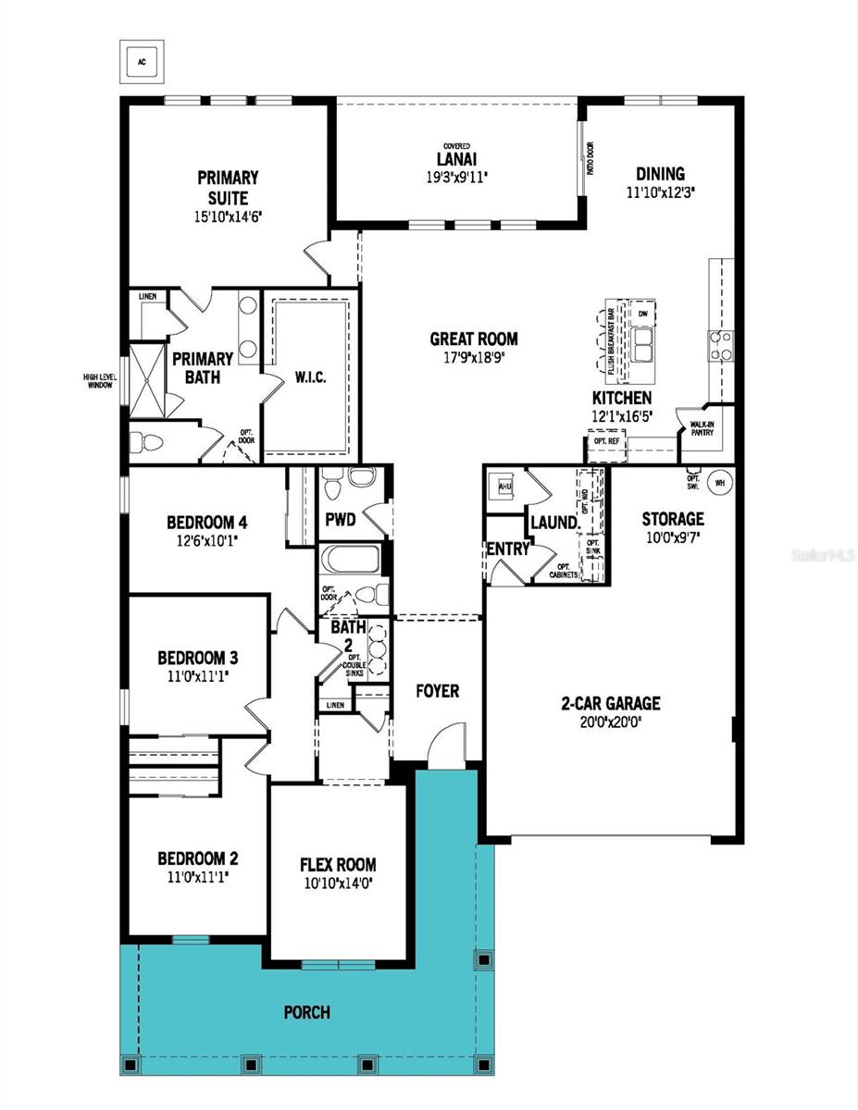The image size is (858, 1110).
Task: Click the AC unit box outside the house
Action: tap(142, 62)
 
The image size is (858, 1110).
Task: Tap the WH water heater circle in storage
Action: tap(720, 481)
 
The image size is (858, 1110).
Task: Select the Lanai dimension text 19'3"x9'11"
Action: tap(455, 174)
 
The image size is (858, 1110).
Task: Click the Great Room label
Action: tap(473, 339)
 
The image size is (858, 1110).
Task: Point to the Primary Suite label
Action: tap(227, 187)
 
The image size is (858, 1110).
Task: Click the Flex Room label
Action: tap(338, 865)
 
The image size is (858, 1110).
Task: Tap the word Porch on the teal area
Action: tap(306, 1012)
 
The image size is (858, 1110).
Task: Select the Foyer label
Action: tap(437, 691)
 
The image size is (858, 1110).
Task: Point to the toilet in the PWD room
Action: tap(356, 482)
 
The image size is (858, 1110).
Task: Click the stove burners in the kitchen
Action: tap(721, 346)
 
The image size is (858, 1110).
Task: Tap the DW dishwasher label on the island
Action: tap(641, 314)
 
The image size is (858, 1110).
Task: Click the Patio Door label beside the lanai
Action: tap(589, 158)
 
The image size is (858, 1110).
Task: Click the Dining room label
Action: tap(660, 174)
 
